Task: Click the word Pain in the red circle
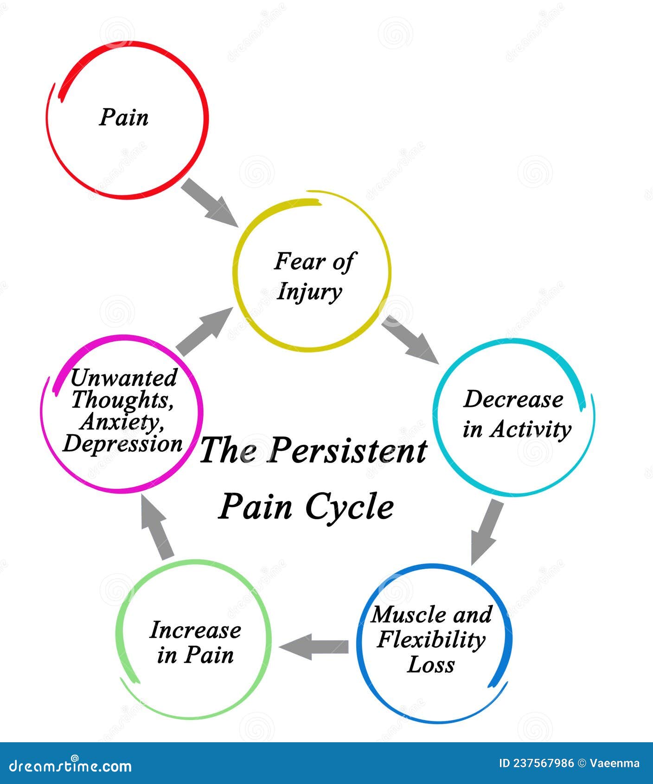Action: point(124,117)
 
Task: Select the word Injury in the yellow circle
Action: point(309,292)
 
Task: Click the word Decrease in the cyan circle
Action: point(513,399)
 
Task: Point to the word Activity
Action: point(531,429)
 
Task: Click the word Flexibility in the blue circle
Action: point(431,640)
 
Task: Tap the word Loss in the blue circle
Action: point(431,664)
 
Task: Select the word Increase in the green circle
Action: point(195,630)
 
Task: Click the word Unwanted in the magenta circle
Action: point(124,378)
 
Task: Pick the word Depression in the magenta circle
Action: point(122,444)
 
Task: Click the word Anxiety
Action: point(122,422)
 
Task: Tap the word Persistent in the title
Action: point(347,450)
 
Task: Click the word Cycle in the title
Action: point(350,507)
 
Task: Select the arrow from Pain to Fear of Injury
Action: point(209,203)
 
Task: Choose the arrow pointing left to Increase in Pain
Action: point(314,647)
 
